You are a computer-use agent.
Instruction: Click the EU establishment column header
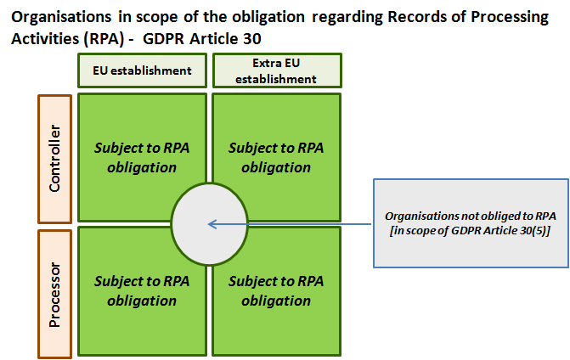coord(141,70)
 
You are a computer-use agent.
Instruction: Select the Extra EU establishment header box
coord(276,70)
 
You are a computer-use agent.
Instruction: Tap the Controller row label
coord(54,159)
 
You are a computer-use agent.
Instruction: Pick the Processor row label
coord(54,293)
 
